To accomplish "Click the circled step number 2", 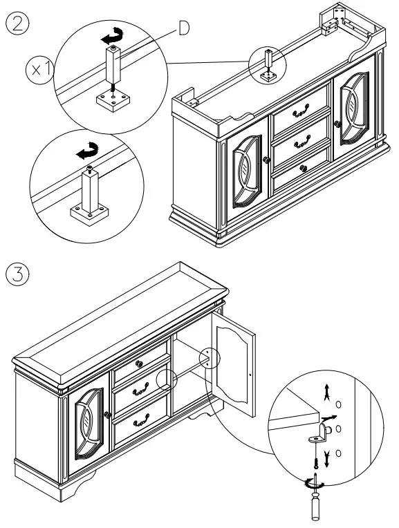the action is click(x=17, y=24).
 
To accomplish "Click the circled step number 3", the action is click(x=17, y=274).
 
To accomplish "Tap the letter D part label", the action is click(x=184, y=28).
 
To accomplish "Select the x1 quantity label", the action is click(x=40, y=70).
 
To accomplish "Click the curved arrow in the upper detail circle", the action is click(x=112, y=37).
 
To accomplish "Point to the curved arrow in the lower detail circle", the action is click(x=88, y=151).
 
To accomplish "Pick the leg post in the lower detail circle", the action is click(x=90, y=191).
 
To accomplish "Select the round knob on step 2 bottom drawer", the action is click(x=304, y=169).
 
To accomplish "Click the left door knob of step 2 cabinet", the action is click(x=266, y=160).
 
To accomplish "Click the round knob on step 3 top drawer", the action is click(x=139, y=364).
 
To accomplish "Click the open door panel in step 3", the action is click(x=234, y=364).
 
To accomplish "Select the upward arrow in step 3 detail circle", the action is click(x=326, y=392).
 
